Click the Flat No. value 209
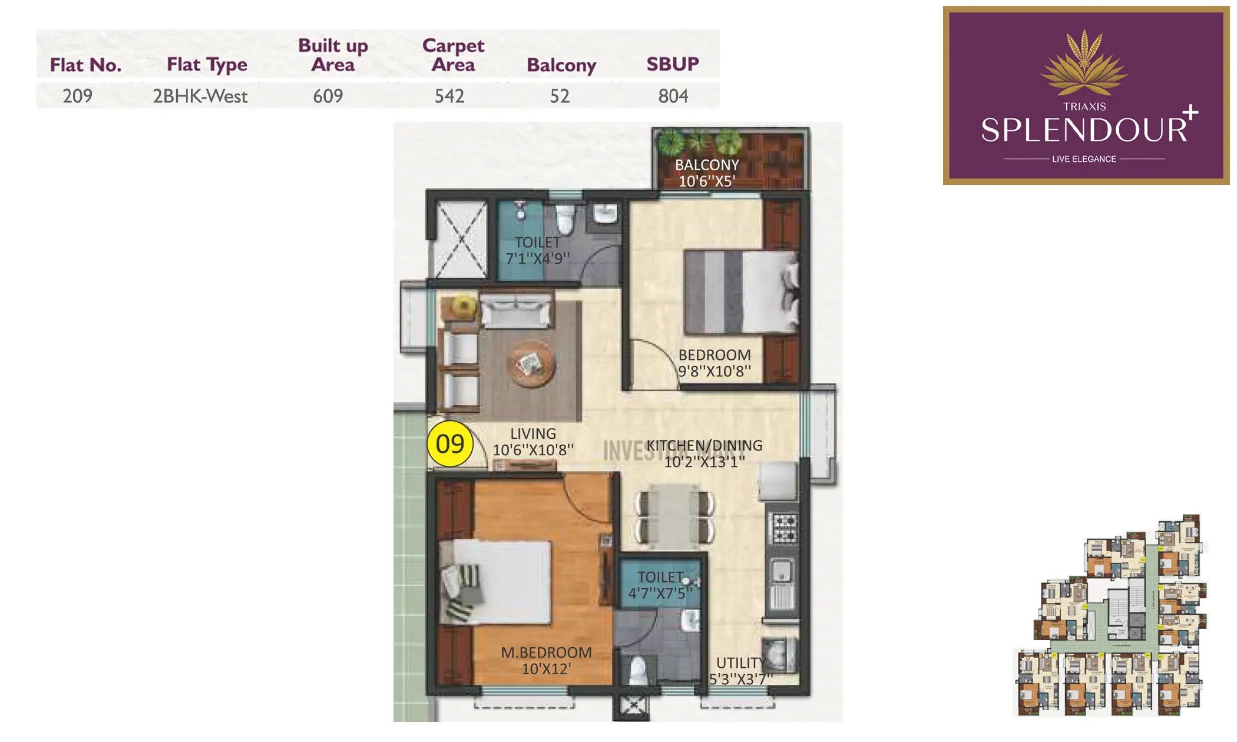(78, 96)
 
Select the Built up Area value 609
(328, 96)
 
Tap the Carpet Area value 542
(449, 96)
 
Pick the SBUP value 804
(673, 96)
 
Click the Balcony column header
(561, 65)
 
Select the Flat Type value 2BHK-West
(200, 96)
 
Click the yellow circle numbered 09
(450, 444)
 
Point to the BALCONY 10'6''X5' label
(707, 173)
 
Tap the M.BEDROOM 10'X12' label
(546, 661)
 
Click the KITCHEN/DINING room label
(705, 453)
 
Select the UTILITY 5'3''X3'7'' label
(740, 671)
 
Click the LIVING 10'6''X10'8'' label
(533, 442)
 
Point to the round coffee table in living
(530, 364)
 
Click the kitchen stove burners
(785, 528)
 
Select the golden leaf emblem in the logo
(1084, 64)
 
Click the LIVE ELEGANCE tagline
(1084, 159)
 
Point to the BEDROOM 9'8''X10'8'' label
(715, 363)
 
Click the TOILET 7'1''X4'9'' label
(538, 250)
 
